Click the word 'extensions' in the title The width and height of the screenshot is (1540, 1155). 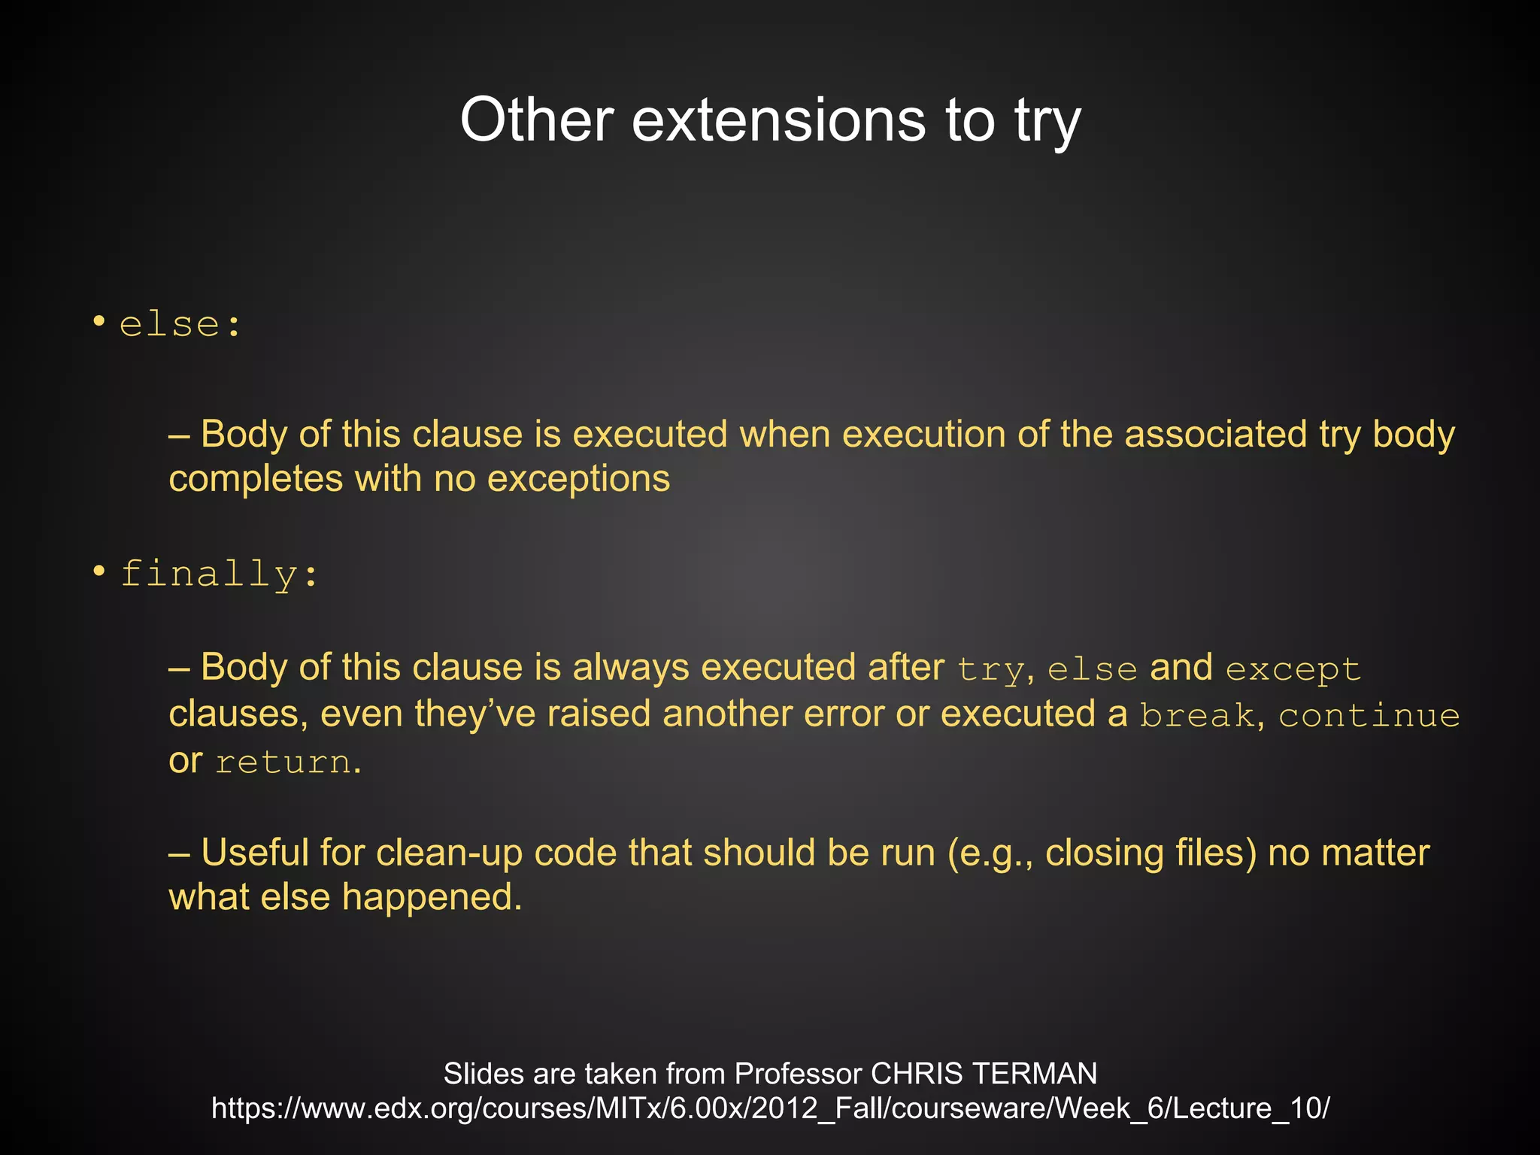[x=778, y=120]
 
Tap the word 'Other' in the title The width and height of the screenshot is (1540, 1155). [x=537, y=120]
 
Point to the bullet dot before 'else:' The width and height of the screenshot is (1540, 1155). [x=99, y=323]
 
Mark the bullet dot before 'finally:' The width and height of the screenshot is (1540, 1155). [x=99, y=571]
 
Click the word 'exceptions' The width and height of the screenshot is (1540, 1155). [x=578, y=479]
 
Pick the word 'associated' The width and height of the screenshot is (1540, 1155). [x=1215, y=435]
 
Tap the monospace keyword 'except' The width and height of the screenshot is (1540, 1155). [x=1293, y=669]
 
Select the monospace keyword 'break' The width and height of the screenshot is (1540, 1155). [x=1196, y=715]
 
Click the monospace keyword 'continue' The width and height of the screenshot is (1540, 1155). [x=1369, y=715]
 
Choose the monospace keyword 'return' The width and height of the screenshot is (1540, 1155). [x=283, y=762]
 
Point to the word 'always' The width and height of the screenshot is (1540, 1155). [x=631, y=668]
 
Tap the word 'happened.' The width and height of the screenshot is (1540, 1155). [x=432, y=898]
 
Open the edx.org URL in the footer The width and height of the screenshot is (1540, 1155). [x=770, y=1108]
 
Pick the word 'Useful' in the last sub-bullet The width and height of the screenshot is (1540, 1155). [x=254, y=853]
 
